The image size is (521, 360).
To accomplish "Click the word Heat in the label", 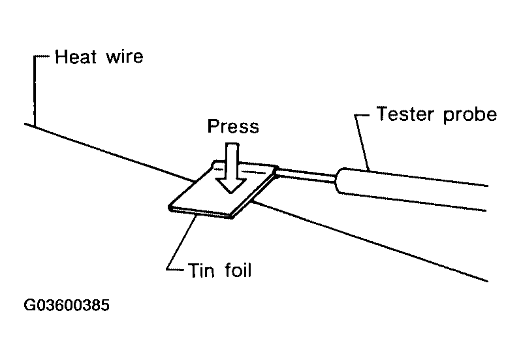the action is (x=76, y=57).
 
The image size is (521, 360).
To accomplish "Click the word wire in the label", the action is (x=125, y=57).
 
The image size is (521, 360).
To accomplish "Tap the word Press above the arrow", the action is (x=233, y=126).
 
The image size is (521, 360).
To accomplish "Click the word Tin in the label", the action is (x=201, y=270).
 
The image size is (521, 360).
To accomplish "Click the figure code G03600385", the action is (x=67, y=305).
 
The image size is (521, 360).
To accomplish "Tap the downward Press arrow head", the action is (x=231, y=186).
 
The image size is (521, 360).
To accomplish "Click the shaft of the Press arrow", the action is (x=232, y=161).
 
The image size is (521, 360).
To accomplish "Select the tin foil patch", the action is (x=223, y=189).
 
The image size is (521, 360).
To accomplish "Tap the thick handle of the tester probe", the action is (x=411, y=189).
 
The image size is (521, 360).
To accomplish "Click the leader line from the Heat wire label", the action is (x=35, y=90).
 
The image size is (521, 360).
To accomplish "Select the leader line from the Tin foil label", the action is (x=181, y=242).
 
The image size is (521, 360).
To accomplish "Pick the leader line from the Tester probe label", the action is (x=362, y=142).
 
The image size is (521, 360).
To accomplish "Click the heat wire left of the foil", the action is (x=109, y=153).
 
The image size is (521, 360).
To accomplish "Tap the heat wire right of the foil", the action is (x=370, y=241).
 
